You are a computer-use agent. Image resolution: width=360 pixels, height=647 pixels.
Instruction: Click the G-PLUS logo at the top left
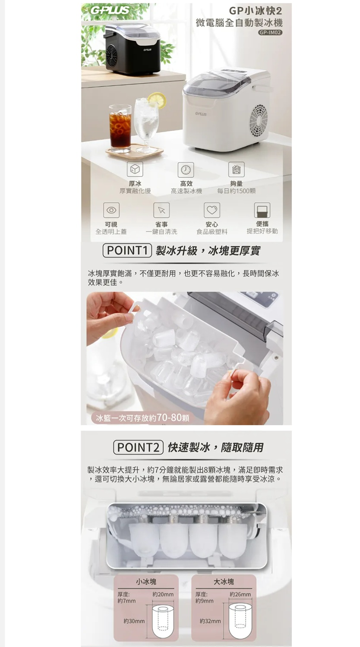(x=110, y=11)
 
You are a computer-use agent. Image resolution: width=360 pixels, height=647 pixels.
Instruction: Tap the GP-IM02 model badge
(x=270, y=33)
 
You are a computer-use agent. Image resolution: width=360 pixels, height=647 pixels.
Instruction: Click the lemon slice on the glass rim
(x=157, y=100)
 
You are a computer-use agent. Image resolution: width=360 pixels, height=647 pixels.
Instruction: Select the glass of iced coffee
(x=120, y=128)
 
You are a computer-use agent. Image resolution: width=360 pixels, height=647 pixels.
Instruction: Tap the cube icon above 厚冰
(x=135, y=169)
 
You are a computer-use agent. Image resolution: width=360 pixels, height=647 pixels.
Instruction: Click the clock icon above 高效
(x=186, y=170)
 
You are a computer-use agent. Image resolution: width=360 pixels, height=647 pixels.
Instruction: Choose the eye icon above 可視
(x=111, y=210)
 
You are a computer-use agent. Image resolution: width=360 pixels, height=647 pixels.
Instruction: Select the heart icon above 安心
(x=212, y=210)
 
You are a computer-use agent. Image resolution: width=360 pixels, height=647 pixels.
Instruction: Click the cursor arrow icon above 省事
(x=161, y=210)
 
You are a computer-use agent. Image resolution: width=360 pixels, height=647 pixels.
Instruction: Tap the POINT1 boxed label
(x=127, y=251)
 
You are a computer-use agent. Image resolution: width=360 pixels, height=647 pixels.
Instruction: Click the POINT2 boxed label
(x=138, y=447)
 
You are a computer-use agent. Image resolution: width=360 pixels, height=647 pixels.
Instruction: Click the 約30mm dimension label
(x=134, y=621)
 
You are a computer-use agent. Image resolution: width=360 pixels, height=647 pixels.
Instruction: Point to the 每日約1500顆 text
(x=237, y=191)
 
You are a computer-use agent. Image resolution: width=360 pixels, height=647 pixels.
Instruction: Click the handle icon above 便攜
(x=262, y=210)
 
